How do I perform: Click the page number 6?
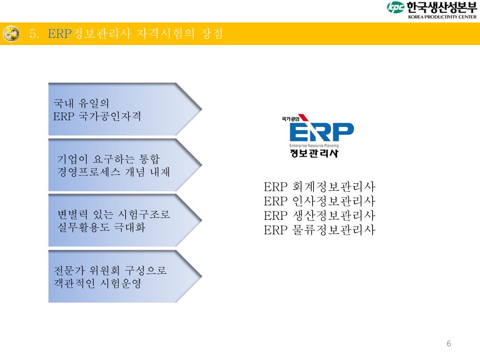449,344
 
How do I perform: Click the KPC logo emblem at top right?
395,7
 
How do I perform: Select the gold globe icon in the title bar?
11,33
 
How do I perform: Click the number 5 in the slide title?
32,34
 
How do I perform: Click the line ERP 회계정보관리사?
320,187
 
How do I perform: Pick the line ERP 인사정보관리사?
320,202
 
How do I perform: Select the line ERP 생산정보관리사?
320,216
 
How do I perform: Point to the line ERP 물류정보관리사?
320,230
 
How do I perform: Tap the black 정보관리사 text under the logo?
314,153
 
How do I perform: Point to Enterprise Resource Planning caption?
314,145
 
